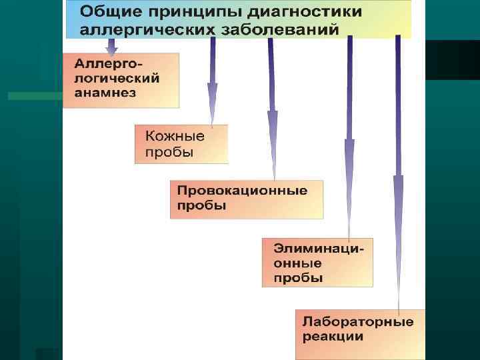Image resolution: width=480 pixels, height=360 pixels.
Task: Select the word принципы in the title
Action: point(189,13)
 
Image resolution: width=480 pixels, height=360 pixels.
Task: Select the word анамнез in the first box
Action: point(105,93)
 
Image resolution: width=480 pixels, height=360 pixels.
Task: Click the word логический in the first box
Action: point(117,78)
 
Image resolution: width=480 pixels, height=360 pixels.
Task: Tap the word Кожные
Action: point(175,136)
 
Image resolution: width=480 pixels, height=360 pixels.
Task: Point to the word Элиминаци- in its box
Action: point(319,248)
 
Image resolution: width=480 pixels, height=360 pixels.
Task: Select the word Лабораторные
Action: point(358,321)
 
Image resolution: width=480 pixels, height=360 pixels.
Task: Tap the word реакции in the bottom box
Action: point(333,337)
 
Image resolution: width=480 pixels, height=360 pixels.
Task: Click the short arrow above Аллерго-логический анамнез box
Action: point(112,47)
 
